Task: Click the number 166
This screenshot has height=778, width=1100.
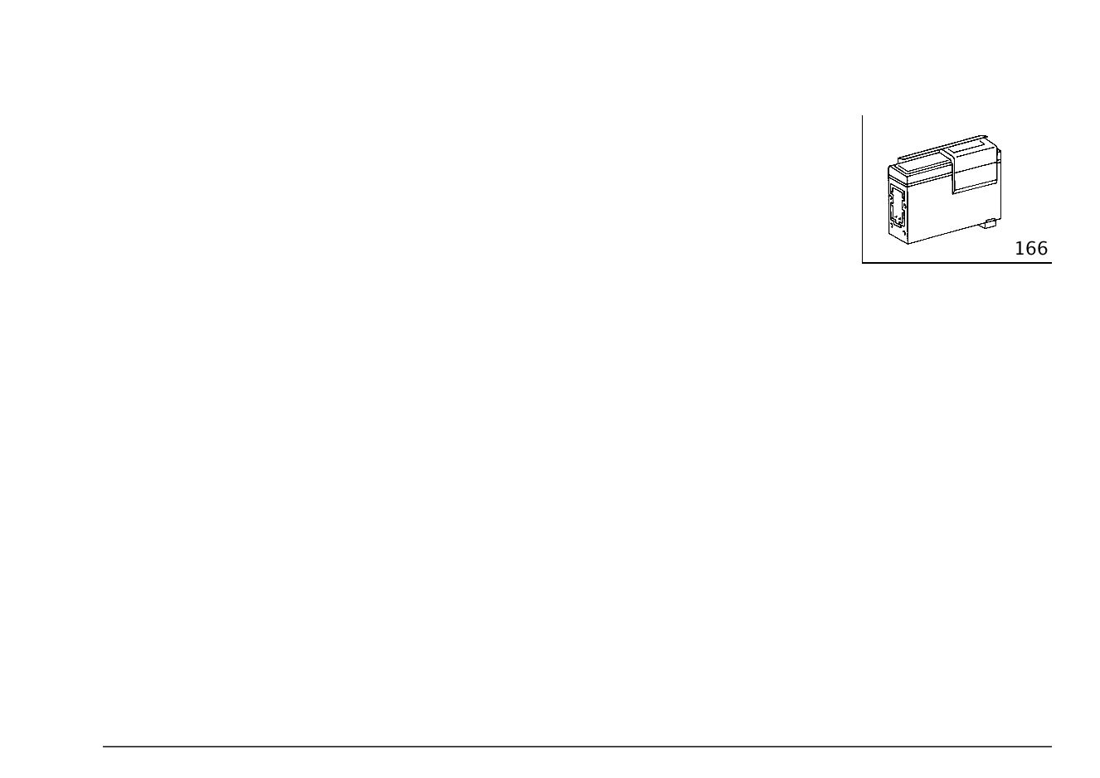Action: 1031,249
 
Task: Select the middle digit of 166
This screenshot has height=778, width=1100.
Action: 1031,249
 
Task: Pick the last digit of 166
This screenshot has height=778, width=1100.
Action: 1043,249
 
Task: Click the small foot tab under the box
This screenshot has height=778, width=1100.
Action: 989,223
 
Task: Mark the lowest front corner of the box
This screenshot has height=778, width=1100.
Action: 908,244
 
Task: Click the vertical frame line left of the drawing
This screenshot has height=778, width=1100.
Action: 862,189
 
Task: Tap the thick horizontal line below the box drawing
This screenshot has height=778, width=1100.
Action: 956,263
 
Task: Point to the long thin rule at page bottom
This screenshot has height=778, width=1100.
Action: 577,746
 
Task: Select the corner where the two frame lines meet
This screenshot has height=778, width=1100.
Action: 862,263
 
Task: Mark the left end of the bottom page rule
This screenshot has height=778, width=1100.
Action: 103,746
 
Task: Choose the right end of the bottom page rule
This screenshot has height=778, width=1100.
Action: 1051,746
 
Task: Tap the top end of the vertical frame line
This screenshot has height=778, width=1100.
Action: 862,116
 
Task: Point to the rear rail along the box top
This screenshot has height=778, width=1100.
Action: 942,148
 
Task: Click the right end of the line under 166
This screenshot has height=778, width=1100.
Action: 1051,263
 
